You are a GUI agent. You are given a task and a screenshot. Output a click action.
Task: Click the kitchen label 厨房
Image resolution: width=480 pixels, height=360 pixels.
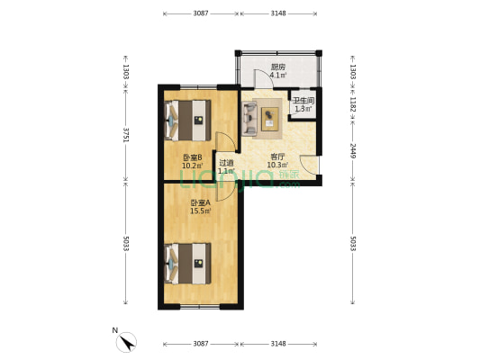coord(278,67)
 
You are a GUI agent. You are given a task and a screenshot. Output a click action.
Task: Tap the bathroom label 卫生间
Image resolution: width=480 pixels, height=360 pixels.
coord(303,100)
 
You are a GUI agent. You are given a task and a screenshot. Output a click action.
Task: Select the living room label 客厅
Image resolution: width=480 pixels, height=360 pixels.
coord(277,157)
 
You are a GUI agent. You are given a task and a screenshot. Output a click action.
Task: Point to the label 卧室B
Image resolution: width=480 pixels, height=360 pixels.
coord(192,157)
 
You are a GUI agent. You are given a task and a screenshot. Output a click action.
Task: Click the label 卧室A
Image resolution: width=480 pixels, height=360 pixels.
coord(201,202)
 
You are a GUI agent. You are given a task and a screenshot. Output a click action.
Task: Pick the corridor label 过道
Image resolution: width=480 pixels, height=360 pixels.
coord(227,163)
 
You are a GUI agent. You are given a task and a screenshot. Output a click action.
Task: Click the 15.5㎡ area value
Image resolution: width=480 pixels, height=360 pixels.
coord(201,211)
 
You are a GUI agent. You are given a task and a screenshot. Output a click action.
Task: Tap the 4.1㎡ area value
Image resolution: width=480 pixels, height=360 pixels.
coord(278,75)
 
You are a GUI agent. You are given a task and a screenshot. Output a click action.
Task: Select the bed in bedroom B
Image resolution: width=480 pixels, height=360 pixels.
coord(188,121)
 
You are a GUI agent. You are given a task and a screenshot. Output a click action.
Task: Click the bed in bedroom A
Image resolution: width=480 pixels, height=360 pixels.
coord(188,264)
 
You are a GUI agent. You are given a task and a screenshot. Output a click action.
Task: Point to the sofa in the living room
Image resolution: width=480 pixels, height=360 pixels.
coord(249,119)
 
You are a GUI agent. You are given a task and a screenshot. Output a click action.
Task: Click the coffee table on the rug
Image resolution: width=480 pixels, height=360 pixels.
coord(269,119)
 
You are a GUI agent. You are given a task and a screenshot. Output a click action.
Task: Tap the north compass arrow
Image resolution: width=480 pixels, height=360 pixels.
coord(127,342)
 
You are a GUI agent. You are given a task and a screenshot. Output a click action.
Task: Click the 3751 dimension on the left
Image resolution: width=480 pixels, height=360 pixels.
coord(125,135)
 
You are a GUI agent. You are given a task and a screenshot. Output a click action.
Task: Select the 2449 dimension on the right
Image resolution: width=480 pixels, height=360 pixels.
coord(353,151)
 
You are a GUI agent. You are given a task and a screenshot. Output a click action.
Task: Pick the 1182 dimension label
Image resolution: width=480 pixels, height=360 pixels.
coord(353,104)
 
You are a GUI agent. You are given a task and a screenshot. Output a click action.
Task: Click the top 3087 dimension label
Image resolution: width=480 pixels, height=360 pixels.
coord(201,13)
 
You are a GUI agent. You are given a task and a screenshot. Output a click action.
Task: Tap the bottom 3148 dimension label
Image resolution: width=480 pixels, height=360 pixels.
coord(278,344)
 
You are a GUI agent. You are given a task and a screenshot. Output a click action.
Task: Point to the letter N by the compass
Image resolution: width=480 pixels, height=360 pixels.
coord(115,330)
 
